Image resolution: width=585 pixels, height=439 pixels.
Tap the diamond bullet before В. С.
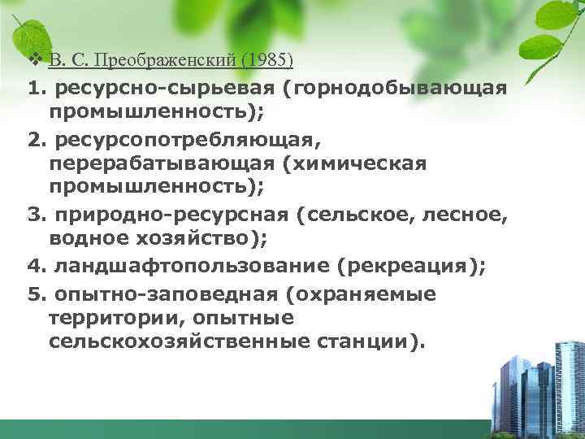click(x=34, y=60)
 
